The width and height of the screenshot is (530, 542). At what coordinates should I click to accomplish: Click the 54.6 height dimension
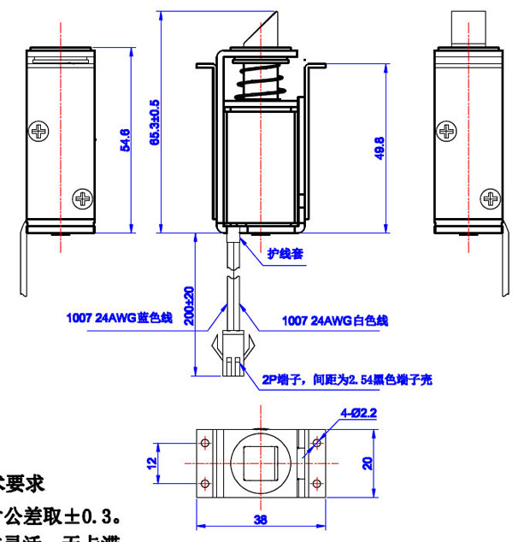125,140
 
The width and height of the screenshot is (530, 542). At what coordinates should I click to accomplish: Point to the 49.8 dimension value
380,147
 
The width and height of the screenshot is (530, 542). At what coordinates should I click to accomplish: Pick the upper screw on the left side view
39,132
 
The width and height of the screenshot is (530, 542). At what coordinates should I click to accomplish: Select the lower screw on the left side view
82,198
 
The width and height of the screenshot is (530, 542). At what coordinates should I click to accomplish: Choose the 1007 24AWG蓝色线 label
120,318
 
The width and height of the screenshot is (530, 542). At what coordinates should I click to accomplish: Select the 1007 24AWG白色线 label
335,321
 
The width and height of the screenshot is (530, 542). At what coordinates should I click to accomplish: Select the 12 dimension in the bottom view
151,462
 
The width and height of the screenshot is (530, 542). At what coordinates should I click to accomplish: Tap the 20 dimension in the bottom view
367,462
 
